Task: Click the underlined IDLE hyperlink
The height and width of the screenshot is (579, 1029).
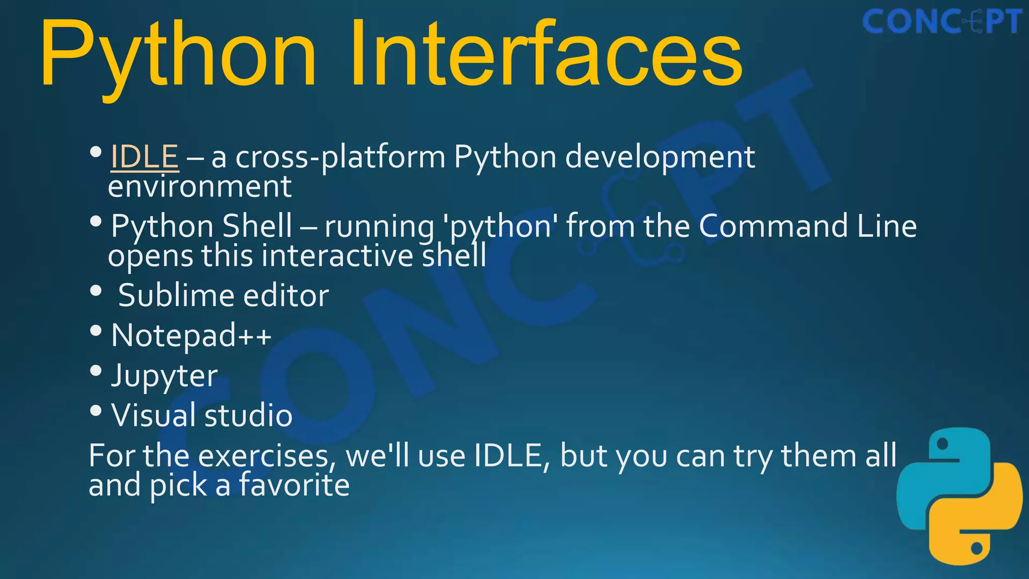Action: click(144, 156)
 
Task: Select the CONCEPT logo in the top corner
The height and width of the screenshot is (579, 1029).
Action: click(942, 22)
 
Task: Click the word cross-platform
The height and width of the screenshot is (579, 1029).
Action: click(340, 157)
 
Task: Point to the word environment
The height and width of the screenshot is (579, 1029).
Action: click(199, 186)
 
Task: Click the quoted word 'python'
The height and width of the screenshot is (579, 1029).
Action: click(499, 226)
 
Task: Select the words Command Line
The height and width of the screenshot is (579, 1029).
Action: click(807, 226)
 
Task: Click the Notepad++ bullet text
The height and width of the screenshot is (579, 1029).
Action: click(191, 335)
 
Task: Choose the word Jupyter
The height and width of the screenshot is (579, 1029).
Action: click(164, 376)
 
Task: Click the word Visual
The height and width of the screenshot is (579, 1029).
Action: click(153, 415)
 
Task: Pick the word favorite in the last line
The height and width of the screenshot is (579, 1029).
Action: click(293, 486)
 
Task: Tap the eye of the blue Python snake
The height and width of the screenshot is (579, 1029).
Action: click(943, 444)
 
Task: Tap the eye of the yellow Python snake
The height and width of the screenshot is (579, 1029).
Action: click(977, 548)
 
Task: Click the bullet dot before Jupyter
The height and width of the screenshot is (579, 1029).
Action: click(96, 371)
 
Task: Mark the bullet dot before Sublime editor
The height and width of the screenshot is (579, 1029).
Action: click(96, 291)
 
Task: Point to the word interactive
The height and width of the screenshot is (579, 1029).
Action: click(337, 255)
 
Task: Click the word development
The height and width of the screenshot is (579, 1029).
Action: click(660, 157)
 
